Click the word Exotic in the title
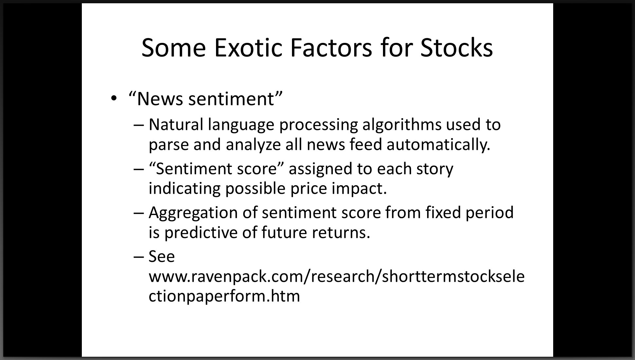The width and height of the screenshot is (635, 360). (x=248, y=48)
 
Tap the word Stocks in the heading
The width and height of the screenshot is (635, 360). (x=457, y=48)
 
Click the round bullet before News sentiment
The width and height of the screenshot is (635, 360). (x=114, y=99)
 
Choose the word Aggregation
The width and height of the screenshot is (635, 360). (x=193, y=213)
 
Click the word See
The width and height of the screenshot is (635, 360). (x=162, y=257)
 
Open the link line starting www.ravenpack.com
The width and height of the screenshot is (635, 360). (x=337, y=277)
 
